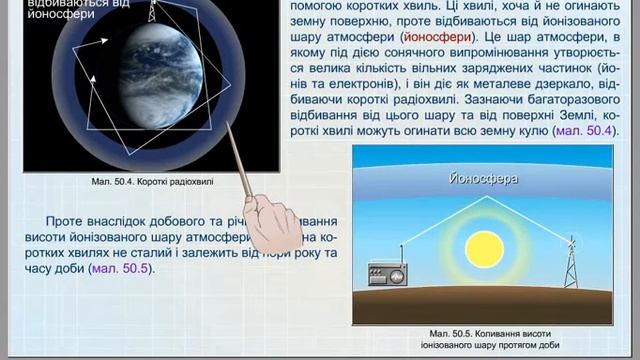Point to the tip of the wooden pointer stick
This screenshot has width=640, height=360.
pos(229,125)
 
